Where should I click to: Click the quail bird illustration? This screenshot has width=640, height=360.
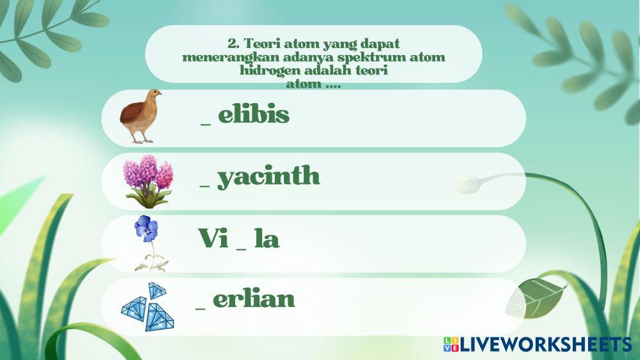click(x=140, y=117)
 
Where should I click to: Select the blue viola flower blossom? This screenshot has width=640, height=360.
click(x=146, y=229)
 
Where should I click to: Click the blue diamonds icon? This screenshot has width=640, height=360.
click(x=148, y=307)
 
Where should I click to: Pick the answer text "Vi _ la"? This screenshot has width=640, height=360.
click(x=239, y=238)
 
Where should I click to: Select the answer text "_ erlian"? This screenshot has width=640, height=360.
click(x=245, y=300)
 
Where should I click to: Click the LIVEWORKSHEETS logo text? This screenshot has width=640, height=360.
click(x=546, y=345)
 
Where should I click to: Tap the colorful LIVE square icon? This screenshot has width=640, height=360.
click(x=451, y=344)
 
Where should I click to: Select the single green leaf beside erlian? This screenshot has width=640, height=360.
click(x=536, y=298)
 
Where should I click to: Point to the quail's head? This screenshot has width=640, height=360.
click(x=154, y=95)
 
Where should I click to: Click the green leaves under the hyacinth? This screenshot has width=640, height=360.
click(x=148, y=197)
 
